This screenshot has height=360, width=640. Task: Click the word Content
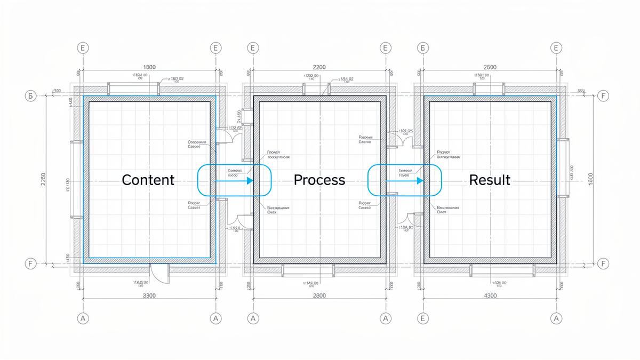148,180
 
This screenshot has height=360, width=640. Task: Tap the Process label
319,180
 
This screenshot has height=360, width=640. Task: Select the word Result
490,180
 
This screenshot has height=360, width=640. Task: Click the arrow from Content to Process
234,181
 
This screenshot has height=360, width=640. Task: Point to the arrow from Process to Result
404,181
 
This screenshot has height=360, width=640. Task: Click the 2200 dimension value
319,67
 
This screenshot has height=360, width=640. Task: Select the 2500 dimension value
490,67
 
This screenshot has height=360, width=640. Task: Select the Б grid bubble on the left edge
30,97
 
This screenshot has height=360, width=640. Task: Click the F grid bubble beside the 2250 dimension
30,263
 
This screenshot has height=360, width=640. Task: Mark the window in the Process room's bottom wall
308,270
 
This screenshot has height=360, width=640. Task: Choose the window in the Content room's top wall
134,88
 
